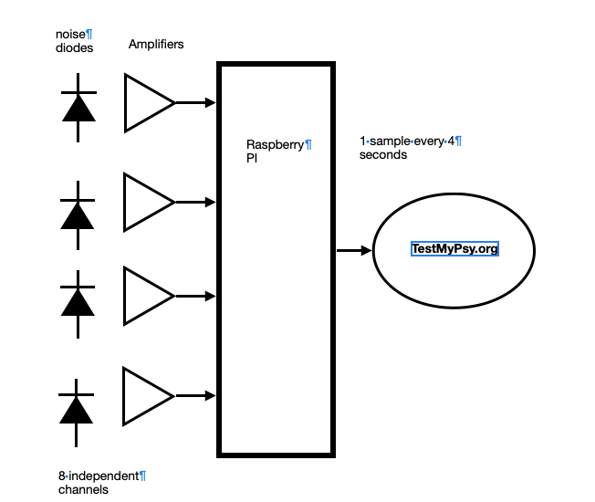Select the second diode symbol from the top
78,214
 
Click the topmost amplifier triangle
147,102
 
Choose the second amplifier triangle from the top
147,202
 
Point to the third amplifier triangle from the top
147,297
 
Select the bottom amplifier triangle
147,396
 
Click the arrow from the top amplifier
195,102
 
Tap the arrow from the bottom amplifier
195,396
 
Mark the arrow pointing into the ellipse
354,250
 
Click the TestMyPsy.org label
454,249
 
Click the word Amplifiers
156,45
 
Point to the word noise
69,34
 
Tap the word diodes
74,48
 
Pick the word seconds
382,155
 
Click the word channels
83,489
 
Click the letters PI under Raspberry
253,158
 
